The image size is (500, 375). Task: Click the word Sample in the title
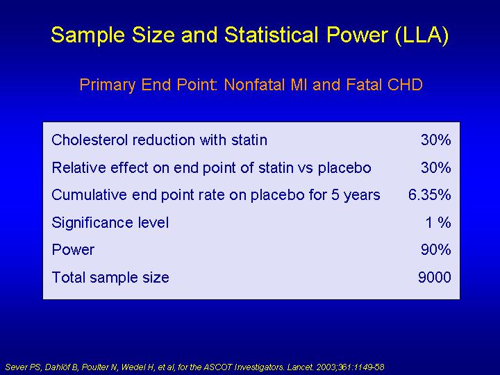pos(87,35)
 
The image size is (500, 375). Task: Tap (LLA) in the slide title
pos(422,35)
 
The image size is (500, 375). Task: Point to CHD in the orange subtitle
pos(405,85)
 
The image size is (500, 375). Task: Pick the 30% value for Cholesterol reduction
pos(436,140)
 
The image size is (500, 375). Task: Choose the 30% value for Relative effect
pos(436,167)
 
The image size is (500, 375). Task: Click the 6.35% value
pos(430,195)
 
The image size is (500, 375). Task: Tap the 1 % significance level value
pos(438,222)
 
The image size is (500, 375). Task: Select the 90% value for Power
pos(436,250)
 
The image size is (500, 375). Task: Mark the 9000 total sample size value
pos(434,277)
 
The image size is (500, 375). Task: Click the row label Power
pos(73,250)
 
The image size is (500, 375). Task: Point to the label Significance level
pos(110,223)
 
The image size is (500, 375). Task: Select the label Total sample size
pos(110,277)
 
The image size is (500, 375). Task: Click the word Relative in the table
pos(78,167)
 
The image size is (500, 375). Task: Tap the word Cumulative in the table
pos(89,195)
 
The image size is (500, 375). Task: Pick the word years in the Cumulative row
pos(362,195)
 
